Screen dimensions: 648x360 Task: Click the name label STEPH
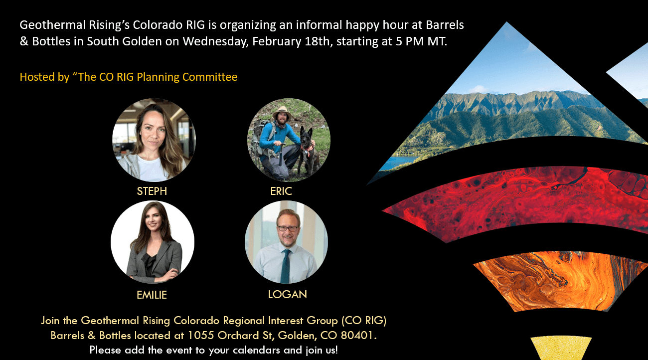(152, 191)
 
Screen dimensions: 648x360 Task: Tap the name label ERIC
(281, 191)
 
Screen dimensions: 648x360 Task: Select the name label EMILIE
(152, 295)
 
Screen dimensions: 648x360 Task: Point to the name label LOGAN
(287, 295)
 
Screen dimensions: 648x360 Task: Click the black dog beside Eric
(309, 151)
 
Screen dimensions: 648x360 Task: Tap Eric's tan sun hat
(282, 112)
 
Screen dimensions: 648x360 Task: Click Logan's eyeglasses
(288, 228)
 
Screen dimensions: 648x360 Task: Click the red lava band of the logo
(521, 202)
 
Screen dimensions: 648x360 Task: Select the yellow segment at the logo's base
(561, 348)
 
